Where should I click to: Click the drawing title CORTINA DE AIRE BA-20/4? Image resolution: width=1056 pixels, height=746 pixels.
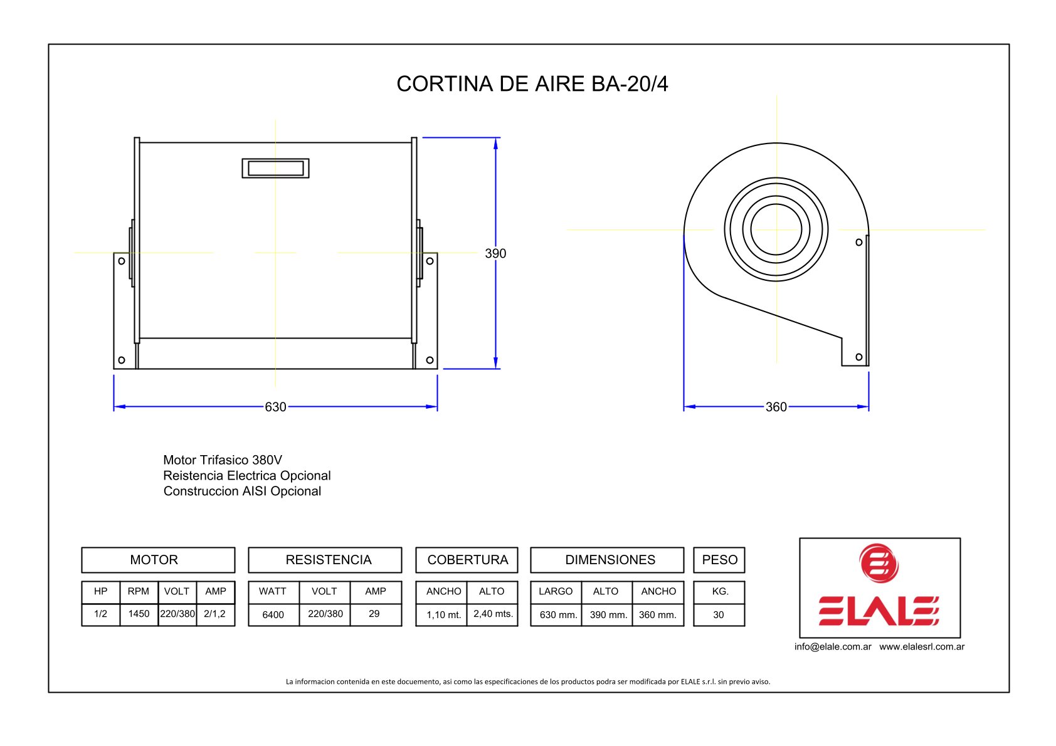[x=532, y=84]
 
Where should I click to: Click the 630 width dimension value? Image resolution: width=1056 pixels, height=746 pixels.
[x=275, y=407]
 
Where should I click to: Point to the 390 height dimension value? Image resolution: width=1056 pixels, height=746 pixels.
[x=495, y=253]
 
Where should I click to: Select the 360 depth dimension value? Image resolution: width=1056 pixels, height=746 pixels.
[x=776, y=407]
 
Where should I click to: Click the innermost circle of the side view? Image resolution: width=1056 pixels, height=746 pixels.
[x=776, y=204]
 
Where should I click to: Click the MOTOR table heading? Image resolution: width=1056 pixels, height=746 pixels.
[x=154, y=560]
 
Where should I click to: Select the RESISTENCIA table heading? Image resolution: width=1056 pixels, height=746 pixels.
[x=329, y=560]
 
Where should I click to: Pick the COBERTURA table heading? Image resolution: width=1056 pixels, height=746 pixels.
[x=468, y=560]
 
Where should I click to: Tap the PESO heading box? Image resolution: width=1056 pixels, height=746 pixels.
[x=719, y=560]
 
